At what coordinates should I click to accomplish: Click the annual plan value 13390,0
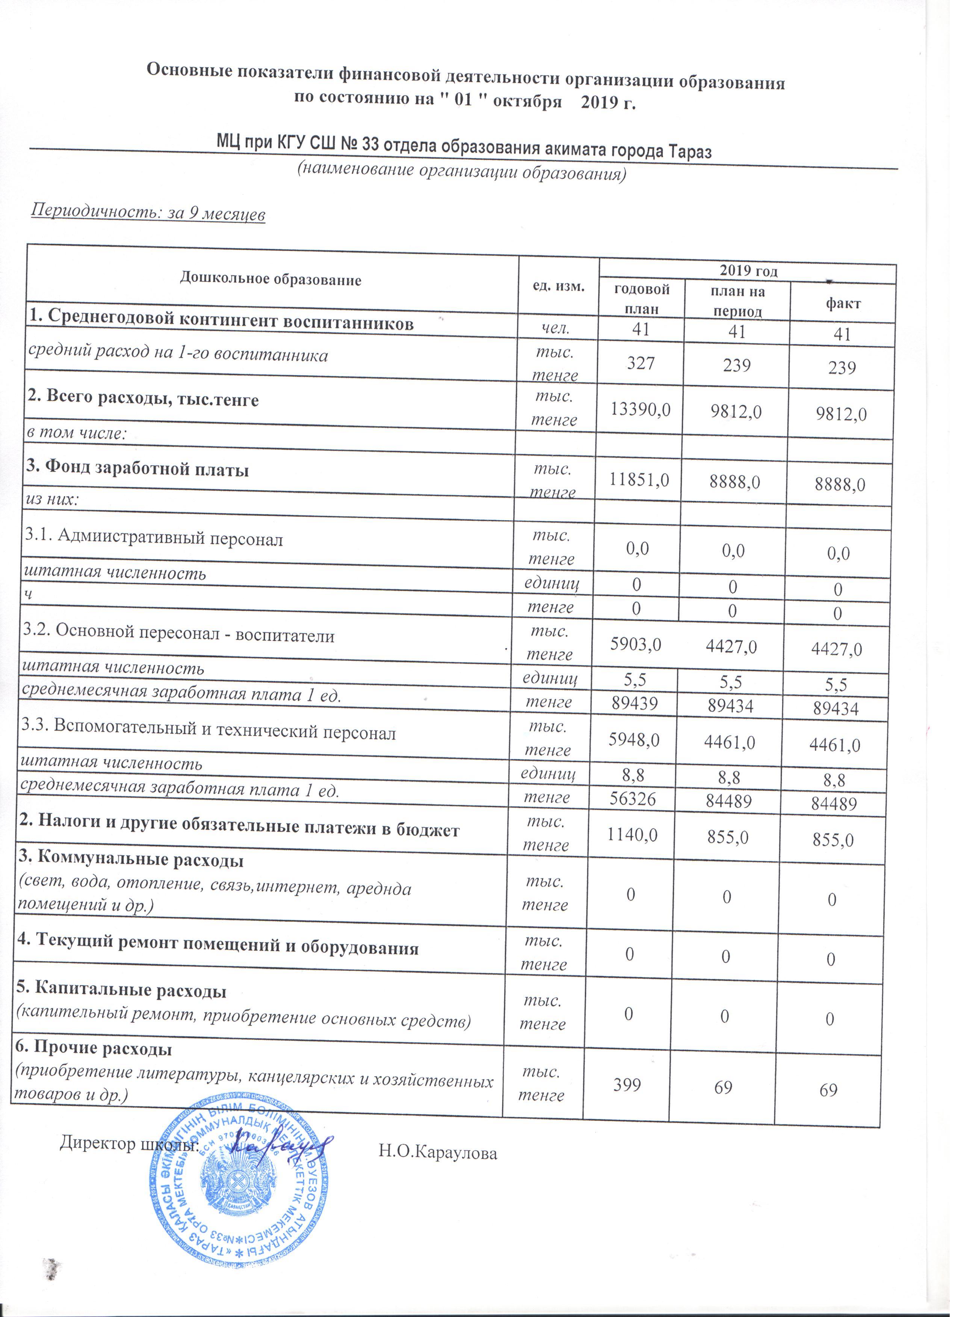point(641,410)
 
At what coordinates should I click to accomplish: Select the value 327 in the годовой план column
point(641,364)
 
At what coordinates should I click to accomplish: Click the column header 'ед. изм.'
point(558,286)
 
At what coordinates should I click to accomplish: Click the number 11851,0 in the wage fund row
point(639,480)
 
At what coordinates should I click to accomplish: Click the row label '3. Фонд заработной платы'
point(137,469)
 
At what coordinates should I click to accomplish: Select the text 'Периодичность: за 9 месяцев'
point(148,214)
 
